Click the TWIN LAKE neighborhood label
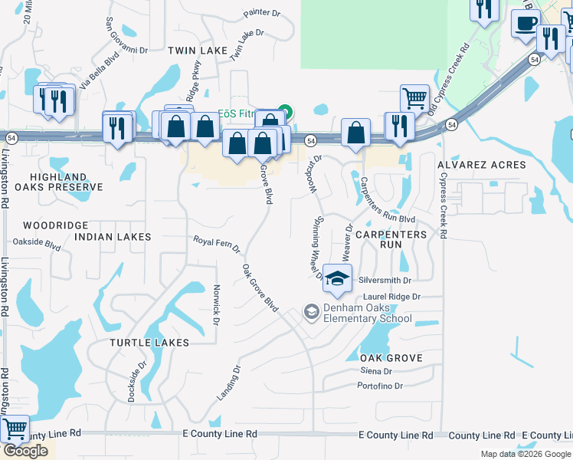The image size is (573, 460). (198, 51)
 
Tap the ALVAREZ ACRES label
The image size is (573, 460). (481, 165)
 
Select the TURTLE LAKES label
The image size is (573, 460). (149, 342)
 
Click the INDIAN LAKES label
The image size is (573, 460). (113, 237)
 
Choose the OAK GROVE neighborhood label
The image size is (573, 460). (391, 358)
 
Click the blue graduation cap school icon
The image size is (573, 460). (336, 278)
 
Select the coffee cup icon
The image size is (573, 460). (526, 24)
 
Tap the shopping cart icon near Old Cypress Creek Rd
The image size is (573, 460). (414, 98)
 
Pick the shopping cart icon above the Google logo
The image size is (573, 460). (15, 429)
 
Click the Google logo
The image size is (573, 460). (26, 451)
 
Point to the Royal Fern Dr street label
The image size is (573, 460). (216, 245)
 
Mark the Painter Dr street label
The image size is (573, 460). (263, 13)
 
